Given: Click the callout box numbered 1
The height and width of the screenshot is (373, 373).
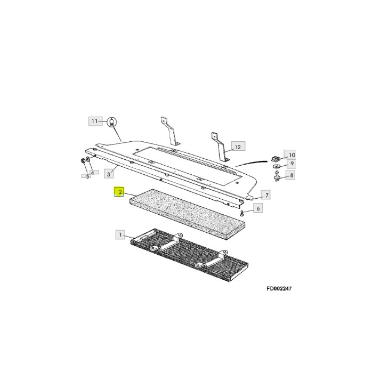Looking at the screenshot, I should coord(121,234).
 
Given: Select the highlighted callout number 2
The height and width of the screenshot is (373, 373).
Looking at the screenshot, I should coord(120,192).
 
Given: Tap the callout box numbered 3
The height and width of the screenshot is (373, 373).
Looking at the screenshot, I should coord(109,174).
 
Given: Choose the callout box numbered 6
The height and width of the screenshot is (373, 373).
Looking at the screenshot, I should coord(257,208).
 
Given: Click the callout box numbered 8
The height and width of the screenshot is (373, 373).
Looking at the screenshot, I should coord(292,175).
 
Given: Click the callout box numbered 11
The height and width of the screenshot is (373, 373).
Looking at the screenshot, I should coord(94,121).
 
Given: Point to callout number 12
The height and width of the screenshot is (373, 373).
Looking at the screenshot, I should coord(237,146).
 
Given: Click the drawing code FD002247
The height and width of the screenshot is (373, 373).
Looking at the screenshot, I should coord(279,289).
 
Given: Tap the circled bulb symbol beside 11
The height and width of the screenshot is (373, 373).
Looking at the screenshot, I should coord(111,122).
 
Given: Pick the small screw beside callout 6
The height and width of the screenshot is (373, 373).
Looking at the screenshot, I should coord(243,213).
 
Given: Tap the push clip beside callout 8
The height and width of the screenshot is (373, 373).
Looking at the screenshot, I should coord(279,175).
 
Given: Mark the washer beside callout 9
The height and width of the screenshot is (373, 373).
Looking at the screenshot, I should coord(277,165).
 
